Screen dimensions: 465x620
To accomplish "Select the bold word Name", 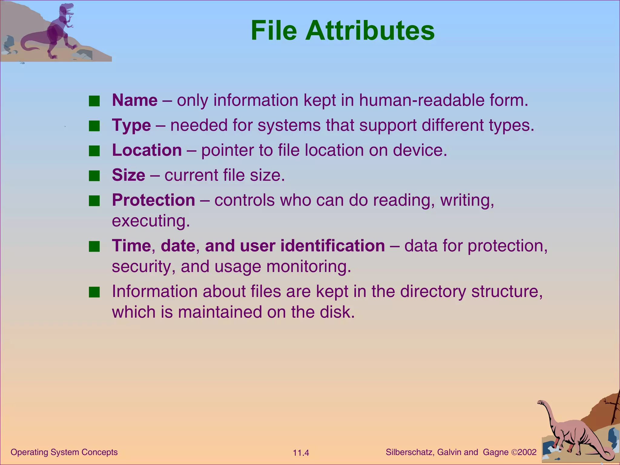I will coord(135,100).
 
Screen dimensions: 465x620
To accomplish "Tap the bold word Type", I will coord(131,125).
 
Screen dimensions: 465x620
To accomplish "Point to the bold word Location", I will coord(147,150).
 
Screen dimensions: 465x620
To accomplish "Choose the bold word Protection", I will coord(153,200).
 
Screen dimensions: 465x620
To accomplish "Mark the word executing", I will coord(150,221).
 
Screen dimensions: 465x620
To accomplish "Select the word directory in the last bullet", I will coord(433,291).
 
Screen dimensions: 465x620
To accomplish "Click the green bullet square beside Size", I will coord(94,176).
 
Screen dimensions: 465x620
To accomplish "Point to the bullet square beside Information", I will coord(94,292).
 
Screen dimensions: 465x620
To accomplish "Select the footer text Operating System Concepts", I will coord(64,452).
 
